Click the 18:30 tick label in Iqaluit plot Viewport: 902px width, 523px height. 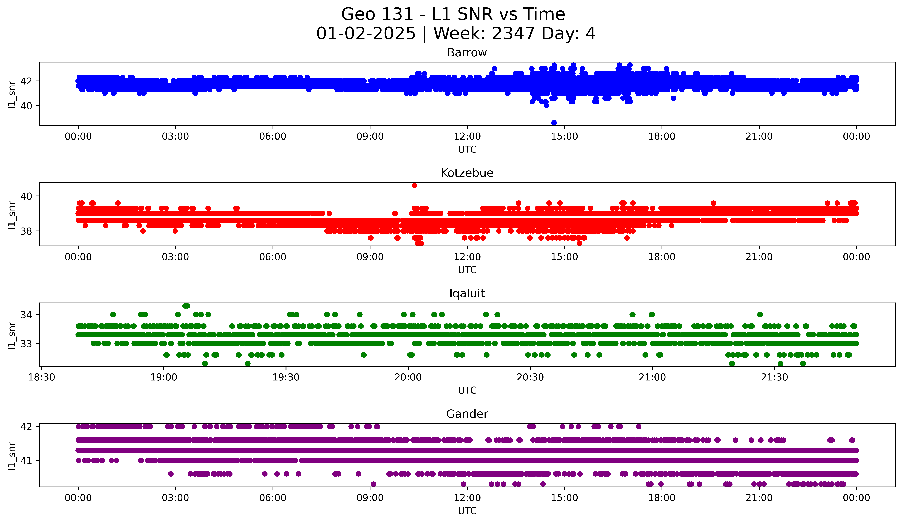click(x=42, y=377)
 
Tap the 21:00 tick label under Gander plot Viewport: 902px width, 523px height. click(x=759, y=498)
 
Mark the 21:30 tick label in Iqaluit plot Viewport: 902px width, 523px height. click(x=775, y=377)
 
